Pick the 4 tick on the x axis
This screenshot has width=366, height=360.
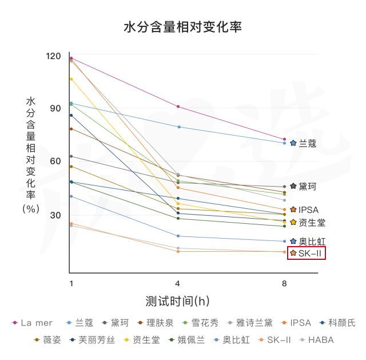pos(178,283)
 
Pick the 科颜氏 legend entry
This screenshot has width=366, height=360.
pos(341,323)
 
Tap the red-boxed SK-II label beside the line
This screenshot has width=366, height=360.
pos(311,253)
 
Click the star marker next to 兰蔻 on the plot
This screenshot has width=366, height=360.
pos(293,143)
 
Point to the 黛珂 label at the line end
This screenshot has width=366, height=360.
pos(307,187)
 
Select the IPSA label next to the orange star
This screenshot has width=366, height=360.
pos(308,210)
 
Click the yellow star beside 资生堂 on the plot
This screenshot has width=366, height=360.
pos(293,222)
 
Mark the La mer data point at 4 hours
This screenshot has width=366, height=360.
pos(178,106)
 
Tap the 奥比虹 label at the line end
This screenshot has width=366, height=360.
pos(312,242)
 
